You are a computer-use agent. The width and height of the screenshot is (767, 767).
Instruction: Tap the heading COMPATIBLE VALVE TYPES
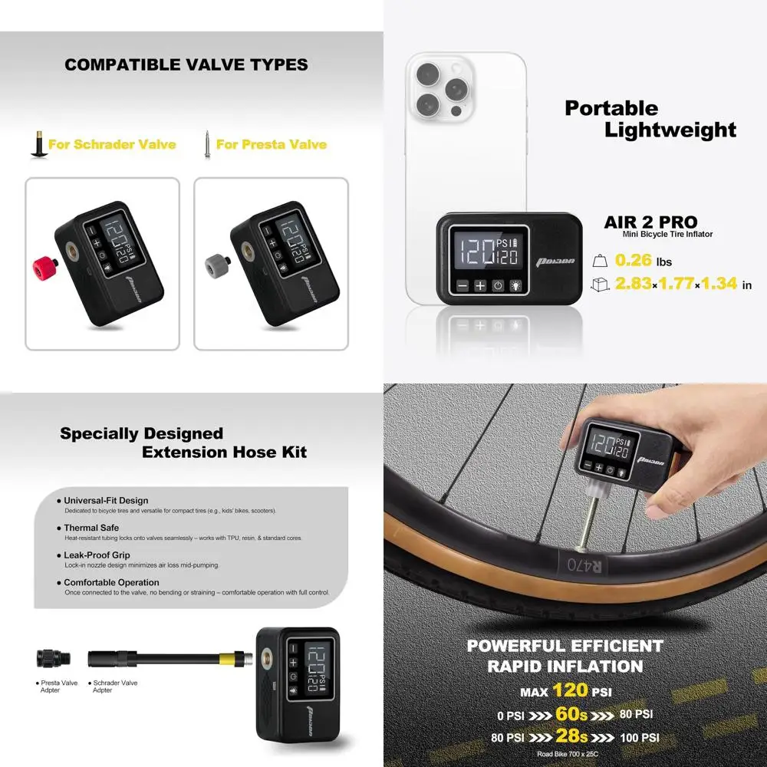pos(186,65)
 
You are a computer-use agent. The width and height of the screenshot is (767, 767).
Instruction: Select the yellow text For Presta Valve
pos(272,144)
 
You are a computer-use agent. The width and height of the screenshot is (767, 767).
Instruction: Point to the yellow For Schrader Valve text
pos(112,144)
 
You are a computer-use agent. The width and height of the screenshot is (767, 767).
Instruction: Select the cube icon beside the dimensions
pos(599,285)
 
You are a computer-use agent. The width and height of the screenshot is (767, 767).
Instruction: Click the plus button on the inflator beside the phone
pos(480,286)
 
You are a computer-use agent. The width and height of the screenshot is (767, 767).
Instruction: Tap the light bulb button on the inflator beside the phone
pos(515,286)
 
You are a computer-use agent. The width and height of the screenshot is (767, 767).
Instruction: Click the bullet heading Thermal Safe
pos(91,528)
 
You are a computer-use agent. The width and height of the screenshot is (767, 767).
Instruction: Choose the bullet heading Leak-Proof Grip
pos(97,555)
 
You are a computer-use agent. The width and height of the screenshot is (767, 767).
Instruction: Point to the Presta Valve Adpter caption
pos(58,686)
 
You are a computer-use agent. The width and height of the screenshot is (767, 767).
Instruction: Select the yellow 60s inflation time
pos(571,715)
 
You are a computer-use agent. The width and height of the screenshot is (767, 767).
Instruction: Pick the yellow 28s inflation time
pos(572,738)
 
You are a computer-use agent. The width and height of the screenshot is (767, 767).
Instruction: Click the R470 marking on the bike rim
pos(582,565)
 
